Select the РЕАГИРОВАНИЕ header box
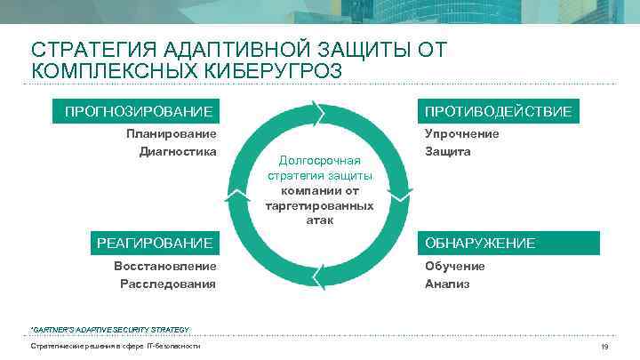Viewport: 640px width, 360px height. tap(155, 243)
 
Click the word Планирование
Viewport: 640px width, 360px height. tap(172, 133)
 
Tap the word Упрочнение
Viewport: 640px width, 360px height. tap(461, 133)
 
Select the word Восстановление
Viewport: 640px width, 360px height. tap(165, 266)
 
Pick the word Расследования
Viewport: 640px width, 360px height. tap(168, 284)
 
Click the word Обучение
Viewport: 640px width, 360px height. tap(454, 266)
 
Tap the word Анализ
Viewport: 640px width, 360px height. tap(447, 284)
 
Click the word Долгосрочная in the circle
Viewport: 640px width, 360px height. tap(319, 161)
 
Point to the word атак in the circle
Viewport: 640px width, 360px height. tap(319, 220)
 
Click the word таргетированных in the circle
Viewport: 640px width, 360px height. tap(319, 205)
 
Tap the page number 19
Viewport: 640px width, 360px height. tap(604, 347)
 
